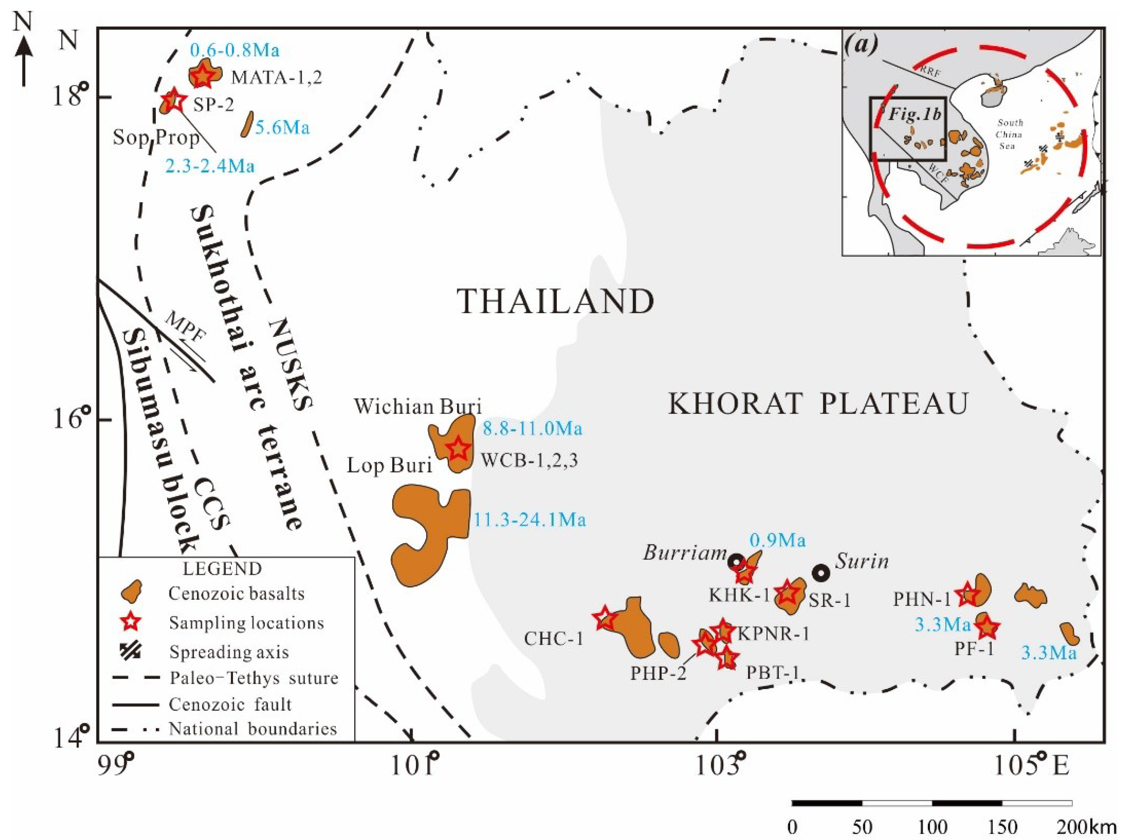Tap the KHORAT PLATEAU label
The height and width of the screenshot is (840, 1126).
(x=818, y=405)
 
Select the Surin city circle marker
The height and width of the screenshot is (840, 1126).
(x=820, y=574)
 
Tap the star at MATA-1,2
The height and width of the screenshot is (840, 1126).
(x=203, y=75)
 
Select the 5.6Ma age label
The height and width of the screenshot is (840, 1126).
(x=282, y=127)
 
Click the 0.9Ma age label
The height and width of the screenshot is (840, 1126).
(x=778, y=540)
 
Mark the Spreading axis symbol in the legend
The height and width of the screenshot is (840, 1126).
(x=132, y=652)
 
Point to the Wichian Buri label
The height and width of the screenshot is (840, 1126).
(x=417, y=407)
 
